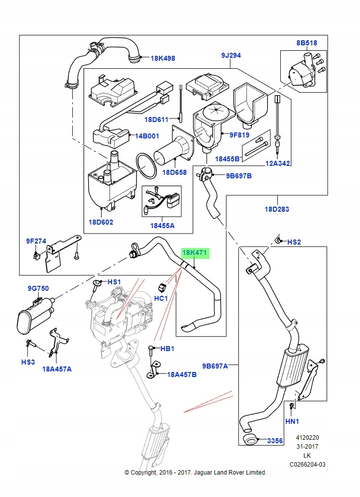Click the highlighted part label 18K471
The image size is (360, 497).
click(x=195, y=253)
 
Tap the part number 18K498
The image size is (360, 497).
click(x=163, y=58)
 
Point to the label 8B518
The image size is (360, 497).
click(x=307, y=43)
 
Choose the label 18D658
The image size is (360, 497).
click(x=174, y=172)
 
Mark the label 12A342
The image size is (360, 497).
click(x=278, y=163)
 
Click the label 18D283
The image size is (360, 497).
click(x=277, y=209)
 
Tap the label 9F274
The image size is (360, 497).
click(x=36, y=242)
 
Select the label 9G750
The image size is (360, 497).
click(x=38, y=288)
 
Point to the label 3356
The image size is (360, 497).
click(x=275, y=441)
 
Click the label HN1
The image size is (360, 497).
click(x=292, y=421)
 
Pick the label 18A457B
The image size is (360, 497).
click(x=181, y=374)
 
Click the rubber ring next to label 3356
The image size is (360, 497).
click(x=250, y=439)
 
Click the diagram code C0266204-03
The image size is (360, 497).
click(x=307, y=465)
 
